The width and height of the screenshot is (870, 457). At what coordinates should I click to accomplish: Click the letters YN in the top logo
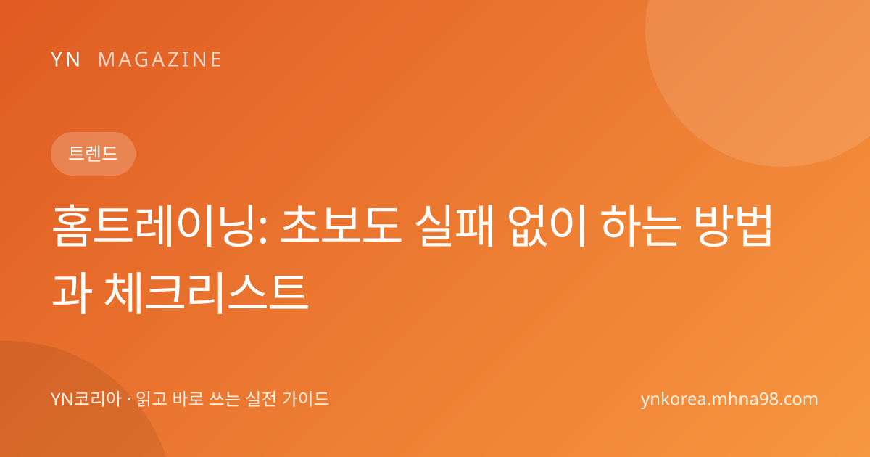click(x=65, y=59)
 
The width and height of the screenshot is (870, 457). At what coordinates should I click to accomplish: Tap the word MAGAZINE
click(x=159, y=59)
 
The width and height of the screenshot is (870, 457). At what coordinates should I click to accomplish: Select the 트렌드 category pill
click(x=93, y=154)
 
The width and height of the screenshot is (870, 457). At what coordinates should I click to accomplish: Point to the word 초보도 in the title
click(x=341, y=226)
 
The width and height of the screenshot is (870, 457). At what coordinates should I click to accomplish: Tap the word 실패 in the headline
click(x=454, y=226)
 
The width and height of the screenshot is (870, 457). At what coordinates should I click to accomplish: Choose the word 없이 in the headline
click(x=546, y=226)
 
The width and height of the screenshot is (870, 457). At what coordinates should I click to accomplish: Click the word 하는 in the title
click(x=641, y=226)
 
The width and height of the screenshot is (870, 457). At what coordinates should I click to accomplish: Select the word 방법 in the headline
click(x=733, y=226)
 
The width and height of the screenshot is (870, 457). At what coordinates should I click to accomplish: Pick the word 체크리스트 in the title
click(x=207, y=293)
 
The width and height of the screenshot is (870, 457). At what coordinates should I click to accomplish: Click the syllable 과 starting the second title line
click(x=72, y=293)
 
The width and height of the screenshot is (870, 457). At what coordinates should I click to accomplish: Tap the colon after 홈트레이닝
click(x=263, y=232)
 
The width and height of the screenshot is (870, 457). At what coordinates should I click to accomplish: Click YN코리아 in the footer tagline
click(x=86, y=399)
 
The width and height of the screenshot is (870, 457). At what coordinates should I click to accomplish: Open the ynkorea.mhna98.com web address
click(x=729, y=400)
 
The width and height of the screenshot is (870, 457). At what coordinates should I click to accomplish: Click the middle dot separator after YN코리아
click(x=128, y=400)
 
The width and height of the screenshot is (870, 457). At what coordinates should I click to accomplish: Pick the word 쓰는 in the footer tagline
click(x=225, y=399)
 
